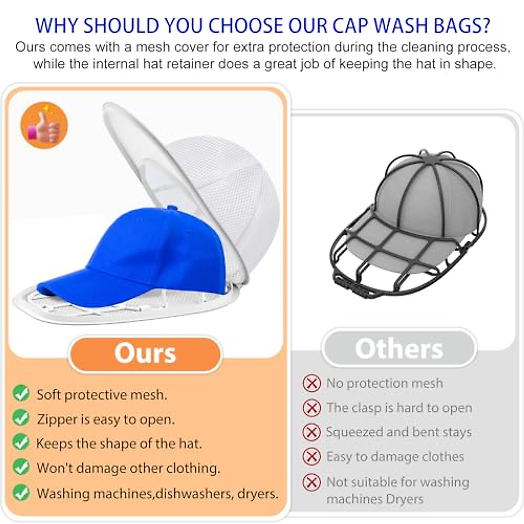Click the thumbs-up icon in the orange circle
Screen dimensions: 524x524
(44, 126)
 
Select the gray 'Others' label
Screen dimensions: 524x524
(399, 348)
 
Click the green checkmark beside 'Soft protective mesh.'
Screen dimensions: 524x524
(21, 393)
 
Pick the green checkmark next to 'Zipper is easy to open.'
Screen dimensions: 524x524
(21, 418)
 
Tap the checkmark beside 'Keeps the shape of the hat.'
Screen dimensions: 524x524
(21, 442)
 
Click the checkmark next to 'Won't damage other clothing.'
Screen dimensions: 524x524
(21, 467)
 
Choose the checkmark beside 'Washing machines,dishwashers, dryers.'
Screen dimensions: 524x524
(21, 492)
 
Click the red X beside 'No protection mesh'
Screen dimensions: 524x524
(312, 383)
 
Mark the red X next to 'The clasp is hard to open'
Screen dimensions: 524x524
(312, 408)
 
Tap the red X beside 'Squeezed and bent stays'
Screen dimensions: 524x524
(312, 432)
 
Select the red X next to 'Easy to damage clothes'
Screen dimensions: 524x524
(312, 457)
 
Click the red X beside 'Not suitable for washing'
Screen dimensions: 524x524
(312, 482)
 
